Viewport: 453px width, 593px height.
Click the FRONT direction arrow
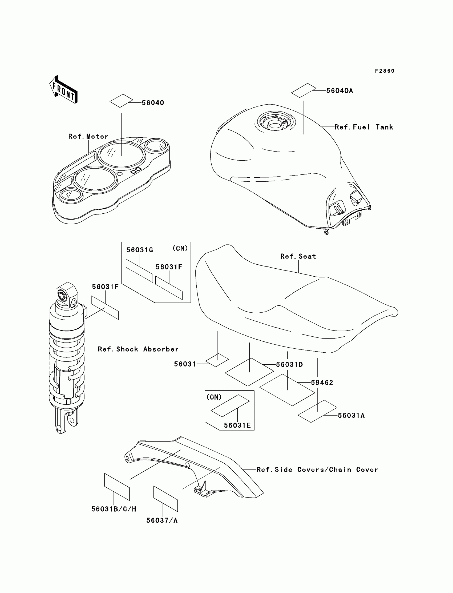coord(64,90)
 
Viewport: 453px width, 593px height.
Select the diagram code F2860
coord(385,71)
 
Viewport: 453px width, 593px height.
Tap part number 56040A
coord(339,91)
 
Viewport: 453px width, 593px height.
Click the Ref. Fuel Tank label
coord(364,127)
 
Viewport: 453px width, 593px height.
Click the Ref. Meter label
coord(88,136)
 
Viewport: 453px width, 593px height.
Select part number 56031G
coord(140,250)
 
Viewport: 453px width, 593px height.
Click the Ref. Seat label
coord(298,256)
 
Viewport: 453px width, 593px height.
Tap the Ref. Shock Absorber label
coord(138,349)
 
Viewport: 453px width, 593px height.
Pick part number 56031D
coord(289,364)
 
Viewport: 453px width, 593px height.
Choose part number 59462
coord(322,383)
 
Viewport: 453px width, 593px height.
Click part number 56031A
coord(351,415)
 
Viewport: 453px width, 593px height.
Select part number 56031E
coord(237,425)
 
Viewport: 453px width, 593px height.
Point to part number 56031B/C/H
coord(114,509)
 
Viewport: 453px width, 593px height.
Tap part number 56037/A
coord(162,520)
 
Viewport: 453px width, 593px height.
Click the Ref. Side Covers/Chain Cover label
coord(317,470)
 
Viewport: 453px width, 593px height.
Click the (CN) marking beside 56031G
coord(180,248)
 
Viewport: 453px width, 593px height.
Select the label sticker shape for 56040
coord(121,101)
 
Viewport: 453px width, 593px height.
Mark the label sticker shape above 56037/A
coord(165,499)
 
